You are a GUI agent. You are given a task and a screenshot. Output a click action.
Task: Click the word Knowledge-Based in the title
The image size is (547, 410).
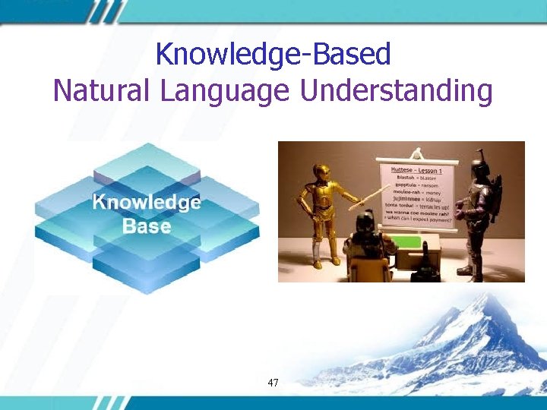point(273,54)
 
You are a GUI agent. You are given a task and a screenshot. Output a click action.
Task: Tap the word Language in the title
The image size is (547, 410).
point(226,91)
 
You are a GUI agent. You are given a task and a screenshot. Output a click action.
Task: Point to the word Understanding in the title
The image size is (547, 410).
point(397,91)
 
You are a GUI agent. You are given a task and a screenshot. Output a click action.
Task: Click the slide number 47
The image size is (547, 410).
point(273,383)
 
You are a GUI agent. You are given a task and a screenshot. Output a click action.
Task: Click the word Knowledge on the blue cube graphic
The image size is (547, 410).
point(147,203)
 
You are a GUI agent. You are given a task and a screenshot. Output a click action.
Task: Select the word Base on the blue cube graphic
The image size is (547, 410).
point(147,225)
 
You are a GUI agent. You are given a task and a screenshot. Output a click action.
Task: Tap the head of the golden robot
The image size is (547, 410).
point(320,171)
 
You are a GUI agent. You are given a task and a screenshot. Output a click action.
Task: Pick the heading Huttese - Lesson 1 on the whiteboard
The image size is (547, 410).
point(416,171)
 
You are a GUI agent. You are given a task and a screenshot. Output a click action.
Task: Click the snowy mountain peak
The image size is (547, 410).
point(478,304)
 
